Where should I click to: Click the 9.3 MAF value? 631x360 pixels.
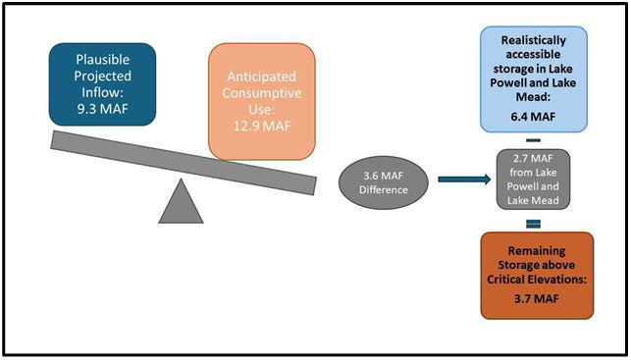102,109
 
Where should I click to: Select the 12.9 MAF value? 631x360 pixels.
262,126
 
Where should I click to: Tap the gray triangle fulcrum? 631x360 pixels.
181,201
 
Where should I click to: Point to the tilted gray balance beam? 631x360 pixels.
184,163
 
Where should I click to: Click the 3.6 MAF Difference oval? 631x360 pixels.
383,182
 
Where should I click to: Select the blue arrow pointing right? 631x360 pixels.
464,180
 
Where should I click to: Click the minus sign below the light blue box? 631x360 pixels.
533,140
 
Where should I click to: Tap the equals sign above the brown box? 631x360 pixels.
533,224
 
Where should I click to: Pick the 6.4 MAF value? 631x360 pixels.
534,117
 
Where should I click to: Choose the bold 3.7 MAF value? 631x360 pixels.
537,299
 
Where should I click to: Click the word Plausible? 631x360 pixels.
103,60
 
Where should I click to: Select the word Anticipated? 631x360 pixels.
262,77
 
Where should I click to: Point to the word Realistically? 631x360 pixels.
534,40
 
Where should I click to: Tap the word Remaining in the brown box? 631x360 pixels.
537,250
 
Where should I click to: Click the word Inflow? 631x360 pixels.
102,92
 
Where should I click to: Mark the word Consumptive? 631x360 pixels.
262,93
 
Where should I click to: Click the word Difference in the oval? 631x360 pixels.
383,190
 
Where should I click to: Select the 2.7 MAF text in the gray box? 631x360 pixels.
533,159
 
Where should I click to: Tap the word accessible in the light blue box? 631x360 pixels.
534,55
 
